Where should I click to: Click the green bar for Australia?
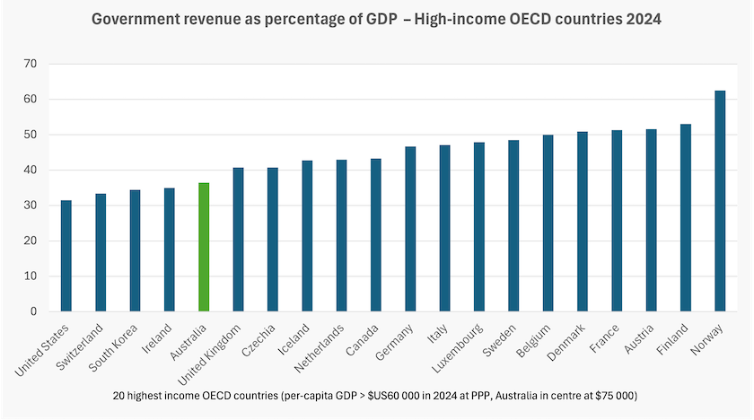click(204, 247)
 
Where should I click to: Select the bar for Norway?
click(720, 201)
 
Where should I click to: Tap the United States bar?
click(66, 256)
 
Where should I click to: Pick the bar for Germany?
click(410, 229)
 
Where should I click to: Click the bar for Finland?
click(686, 218)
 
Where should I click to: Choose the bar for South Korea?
click(136, 250)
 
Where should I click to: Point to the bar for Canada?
click(376, 235)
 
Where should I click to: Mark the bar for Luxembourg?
click(479, 227)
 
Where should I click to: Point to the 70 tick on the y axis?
click(31, 64)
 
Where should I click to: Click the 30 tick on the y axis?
click(31, 206)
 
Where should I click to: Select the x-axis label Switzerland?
click(79, 347)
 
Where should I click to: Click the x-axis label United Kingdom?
click(209, 355)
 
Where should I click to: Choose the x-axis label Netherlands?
click(320, 348)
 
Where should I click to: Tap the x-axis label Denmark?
click(566, 342)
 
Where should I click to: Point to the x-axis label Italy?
click(438, 334)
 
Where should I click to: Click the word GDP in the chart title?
click(381, 19)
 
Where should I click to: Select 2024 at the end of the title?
click(644, 19)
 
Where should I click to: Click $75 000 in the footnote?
click(615, 396)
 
